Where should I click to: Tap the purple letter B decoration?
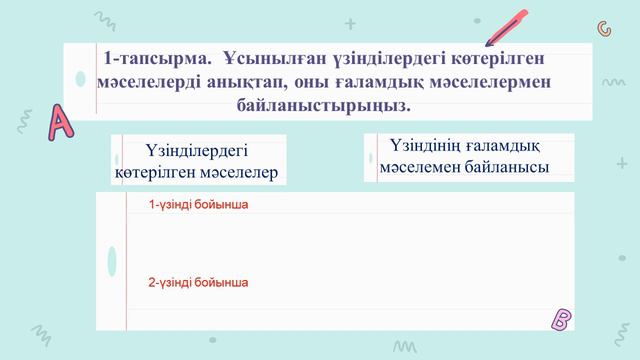tap(561, 320)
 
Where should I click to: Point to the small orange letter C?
tap(604, 27)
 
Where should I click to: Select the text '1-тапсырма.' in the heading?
tap(143, 59)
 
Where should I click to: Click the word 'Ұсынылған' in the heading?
tap(263, 59)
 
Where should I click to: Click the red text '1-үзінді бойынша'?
tap(197, 205)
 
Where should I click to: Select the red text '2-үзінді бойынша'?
tap(197, 283)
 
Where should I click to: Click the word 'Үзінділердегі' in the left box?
tap(196, 152)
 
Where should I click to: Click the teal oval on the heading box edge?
tap(80, 79)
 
